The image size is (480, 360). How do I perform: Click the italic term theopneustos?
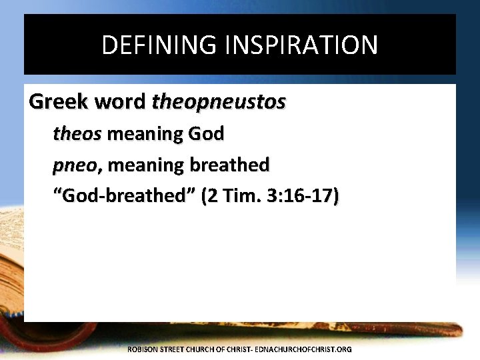pyautogui.click(x=219, y=102)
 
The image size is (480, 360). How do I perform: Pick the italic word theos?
pyautogui.click(x=77, y=135)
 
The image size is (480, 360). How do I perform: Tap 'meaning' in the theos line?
pyautogui.click(x=136, y=135)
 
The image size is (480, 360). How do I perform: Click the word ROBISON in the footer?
pyautogui.click(x=143, y=349)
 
